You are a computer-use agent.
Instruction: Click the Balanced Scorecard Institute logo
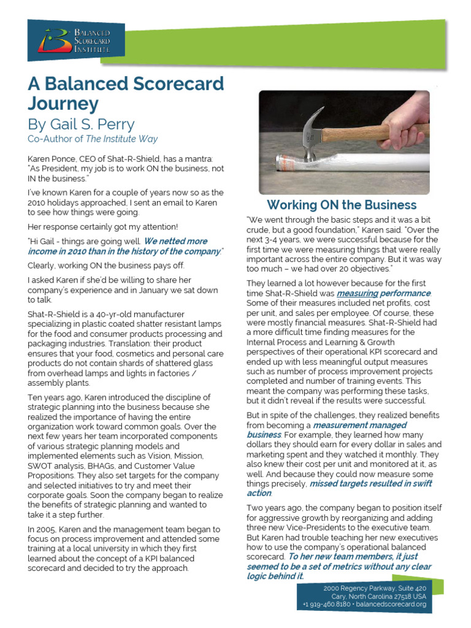pyautogui.click(x=75, y=40)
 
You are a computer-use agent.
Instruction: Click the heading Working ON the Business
pyautogui.click(x=342, y=205)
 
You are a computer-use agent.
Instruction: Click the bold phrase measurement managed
pyautogui.click(x=359, y=425)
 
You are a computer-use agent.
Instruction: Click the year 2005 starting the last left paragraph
pyautogui.click(x=46, y=529)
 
